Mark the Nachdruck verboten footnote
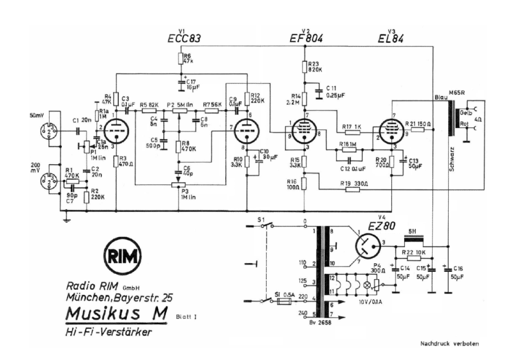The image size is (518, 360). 449,342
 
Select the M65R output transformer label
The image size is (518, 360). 455,93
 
